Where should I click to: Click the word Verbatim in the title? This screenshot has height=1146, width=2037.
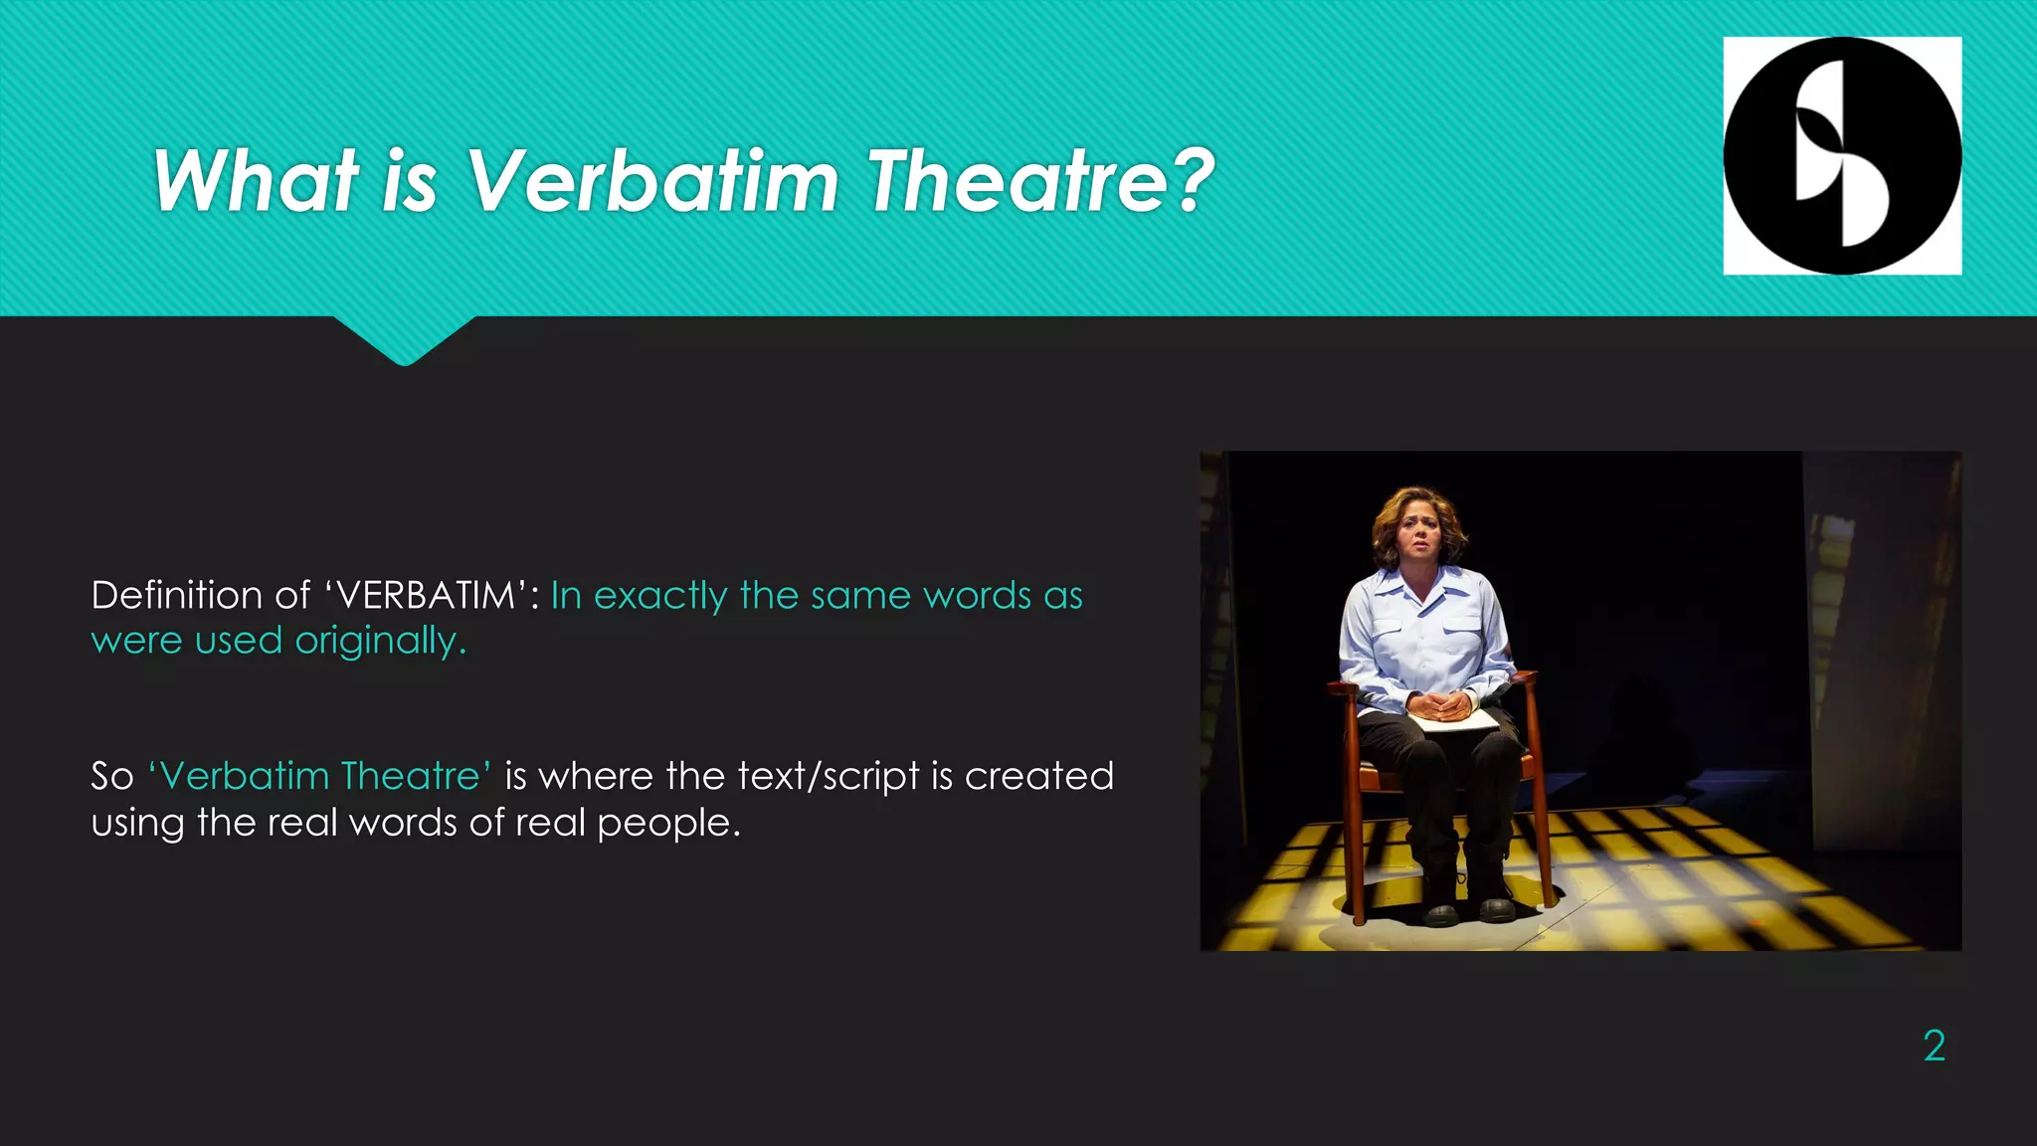tap(652, 181)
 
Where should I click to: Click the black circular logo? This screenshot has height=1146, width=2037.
tap(1842, 155)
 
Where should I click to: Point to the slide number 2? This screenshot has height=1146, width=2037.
tap(1934, 1046)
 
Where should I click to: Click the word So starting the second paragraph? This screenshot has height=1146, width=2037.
tap(111, 776)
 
